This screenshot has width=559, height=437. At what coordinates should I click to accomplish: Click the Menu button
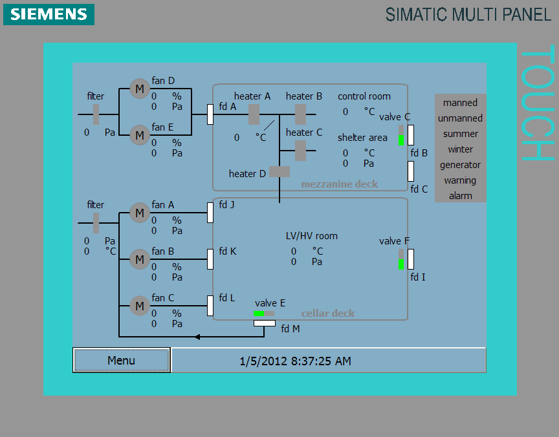tap(122, 360)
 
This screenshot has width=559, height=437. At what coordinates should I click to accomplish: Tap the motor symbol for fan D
tap(139, 89)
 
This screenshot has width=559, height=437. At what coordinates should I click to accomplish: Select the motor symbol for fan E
tap(139, 135)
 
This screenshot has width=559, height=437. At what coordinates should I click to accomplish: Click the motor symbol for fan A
tap(139, 213)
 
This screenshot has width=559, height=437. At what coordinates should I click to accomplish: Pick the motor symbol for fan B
tap(139, 259)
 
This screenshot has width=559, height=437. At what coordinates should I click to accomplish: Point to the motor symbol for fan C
tap(139, 306)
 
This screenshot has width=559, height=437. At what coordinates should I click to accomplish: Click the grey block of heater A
tap(254, 114)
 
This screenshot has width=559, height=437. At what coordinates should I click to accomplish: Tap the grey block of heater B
tap(300, 114)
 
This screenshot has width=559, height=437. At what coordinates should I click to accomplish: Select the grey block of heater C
tap(300, 151)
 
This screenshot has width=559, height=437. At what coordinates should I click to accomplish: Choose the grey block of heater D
tap(279, 171)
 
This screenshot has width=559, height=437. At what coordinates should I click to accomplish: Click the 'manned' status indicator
tap(460, 103)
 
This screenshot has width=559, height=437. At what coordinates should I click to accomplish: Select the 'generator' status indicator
tap(460, 165)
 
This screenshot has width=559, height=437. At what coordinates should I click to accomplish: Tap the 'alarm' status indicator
tap(460, 196)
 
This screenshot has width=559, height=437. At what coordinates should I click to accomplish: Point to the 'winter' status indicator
tap(460, 149)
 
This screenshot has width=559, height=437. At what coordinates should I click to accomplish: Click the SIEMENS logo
tap(49, 14)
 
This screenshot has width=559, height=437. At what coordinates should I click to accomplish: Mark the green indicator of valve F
tap(401, 264)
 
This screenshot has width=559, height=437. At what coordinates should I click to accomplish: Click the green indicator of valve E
tap(258, 314)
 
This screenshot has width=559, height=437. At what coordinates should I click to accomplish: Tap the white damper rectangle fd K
tap(210, 259)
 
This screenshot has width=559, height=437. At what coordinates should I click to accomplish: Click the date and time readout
tap(295, 361)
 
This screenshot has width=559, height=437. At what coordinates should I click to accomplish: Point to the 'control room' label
tap(364, 96)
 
